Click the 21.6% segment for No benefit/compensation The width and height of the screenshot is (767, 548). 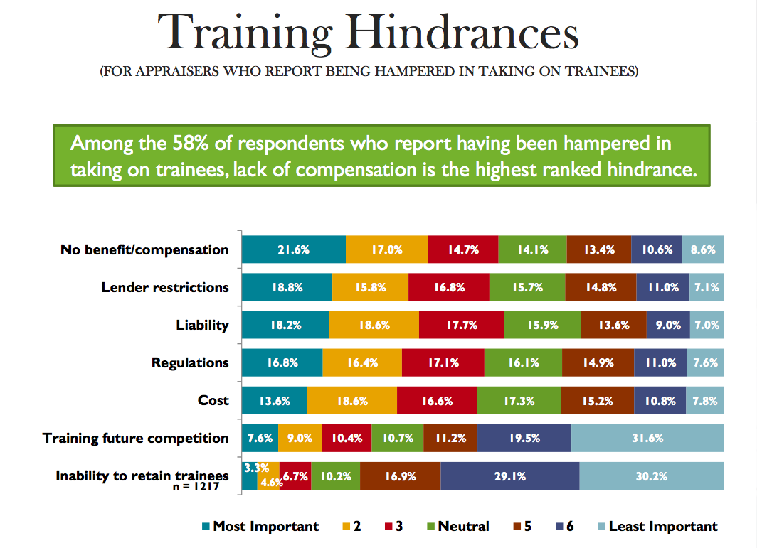[293, 249]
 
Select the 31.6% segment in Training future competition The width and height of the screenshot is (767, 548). [647, 438]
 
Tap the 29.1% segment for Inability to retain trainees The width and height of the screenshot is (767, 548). [509, 476]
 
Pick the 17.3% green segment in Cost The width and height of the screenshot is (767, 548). [518, 400]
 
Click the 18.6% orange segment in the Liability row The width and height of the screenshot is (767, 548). [374, 325]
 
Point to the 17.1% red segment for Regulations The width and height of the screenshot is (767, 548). [443, 362]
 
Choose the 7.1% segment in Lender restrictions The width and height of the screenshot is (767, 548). [707, 287]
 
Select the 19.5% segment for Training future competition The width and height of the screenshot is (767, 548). [524, 438]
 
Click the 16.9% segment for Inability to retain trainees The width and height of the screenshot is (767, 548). [400, 476]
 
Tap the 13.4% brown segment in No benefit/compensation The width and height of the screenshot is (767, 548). [598, 249]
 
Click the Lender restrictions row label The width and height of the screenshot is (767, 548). [165, 287]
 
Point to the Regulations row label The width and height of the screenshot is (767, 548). [190, 362]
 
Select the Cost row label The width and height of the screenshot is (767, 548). [213, 400]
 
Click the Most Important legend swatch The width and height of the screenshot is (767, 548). [206, 527]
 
